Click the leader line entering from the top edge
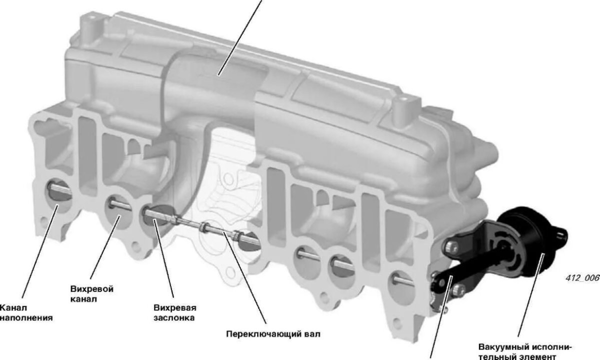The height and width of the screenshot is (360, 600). (240, 37)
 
